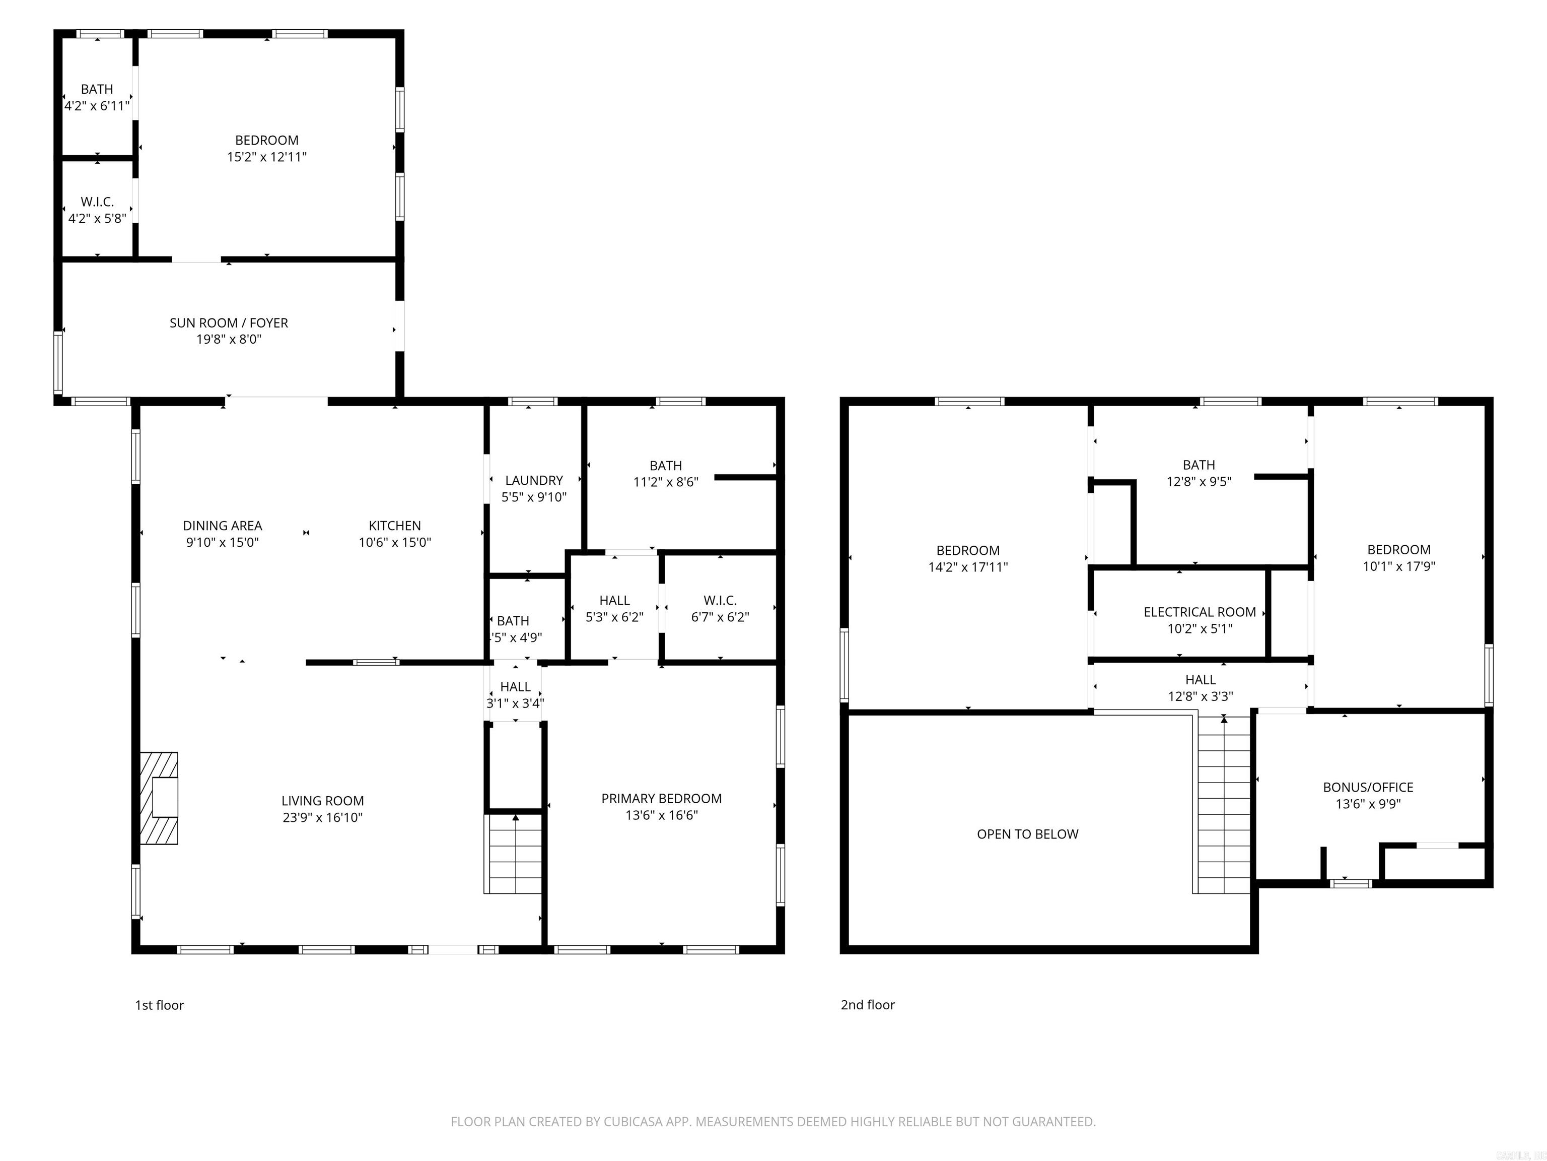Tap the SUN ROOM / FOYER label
[229, 322]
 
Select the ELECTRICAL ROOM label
[1200, 612]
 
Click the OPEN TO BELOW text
[1027, 834]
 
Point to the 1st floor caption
[160, 1005]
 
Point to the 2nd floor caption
[867, 1005]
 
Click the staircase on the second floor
[1223, 805]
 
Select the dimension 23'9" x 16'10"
[322, 817]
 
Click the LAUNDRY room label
[534, 480]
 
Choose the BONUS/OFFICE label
[1368, 787]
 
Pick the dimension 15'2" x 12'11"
[266, 157]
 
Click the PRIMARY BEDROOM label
[661, 799]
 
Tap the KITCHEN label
[394, 526]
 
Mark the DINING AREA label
[223, 526]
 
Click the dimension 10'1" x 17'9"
[1399, 566]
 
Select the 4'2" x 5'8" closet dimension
[97, 218]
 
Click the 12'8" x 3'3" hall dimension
[1200, 696]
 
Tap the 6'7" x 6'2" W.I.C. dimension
[720, 617]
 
